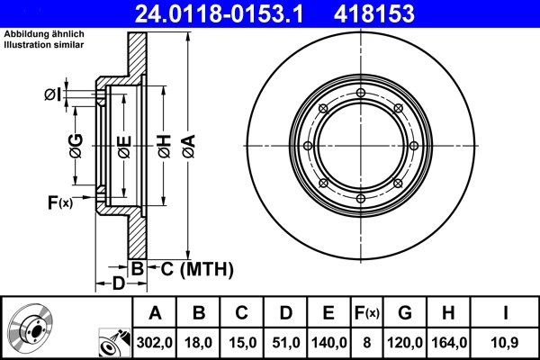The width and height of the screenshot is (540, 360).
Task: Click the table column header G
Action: pyautogui.click(x=405, y=313)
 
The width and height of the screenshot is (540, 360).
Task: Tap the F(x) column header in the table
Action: pyautogui.click(x=366, y=313)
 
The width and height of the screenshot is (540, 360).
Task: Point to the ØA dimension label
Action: pyautogui.click(x=188, y=146)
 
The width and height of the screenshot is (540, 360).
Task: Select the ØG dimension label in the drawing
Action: pyautogui.click(x=76, y=146)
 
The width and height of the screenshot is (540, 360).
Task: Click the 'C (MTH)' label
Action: pyautogui.click(x=192, y=268)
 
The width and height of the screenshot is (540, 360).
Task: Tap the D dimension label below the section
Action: pyautogui.click(x=118, y=284)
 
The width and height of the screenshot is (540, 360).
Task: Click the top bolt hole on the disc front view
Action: pyautogui.click(x=361, y=94)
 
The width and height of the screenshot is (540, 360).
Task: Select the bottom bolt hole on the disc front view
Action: pyautogui.click(x=361, y=199)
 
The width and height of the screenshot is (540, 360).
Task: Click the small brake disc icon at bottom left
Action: pyautogui.click(x=30, y=328)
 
